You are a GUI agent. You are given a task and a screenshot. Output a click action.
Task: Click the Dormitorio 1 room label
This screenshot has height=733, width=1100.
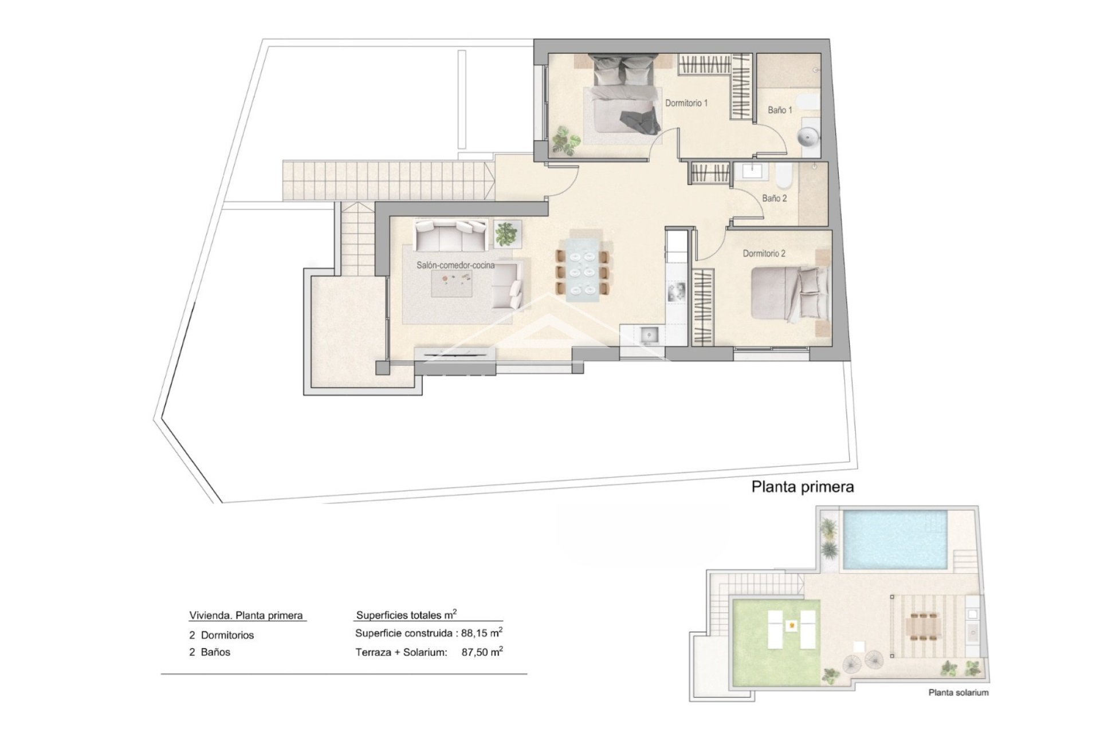click(x=686, y=103)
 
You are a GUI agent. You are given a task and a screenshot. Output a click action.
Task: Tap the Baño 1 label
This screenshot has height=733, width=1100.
click(x=780, y=110)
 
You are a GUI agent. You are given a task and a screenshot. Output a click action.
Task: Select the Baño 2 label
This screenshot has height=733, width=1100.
click(x=774, y=198)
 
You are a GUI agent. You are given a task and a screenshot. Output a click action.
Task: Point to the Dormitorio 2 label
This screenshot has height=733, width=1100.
click(x=764, y=253)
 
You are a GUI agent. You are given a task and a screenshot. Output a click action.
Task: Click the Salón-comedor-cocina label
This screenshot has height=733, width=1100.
click(x=455, y=266)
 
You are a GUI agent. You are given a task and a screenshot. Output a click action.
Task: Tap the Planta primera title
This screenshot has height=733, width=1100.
click(x=802, y=487)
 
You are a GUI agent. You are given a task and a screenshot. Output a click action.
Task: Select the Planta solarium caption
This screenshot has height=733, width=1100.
click(x=958, y=692)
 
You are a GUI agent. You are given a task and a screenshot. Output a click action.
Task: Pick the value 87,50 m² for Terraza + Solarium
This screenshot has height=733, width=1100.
click(x=482, y=652)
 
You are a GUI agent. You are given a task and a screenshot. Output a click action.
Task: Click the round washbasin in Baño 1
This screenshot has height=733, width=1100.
click(x=808, y=137)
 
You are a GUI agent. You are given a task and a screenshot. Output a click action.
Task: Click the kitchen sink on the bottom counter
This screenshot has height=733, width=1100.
click(x=650, y=334)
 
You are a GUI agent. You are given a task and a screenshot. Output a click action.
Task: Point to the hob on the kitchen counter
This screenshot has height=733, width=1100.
click(x=677, y=292)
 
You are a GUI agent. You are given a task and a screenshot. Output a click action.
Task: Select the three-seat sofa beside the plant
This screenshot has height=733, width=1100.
click(x=451, y=235)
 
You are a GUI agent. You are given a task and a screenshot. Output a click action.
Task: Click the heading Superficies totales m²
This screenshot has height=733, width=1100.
click(x=406, y=616)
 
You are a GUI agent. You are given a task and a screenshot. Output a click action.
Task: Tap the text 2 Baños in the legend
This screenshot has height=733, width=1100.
click(x=210, y=652)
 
